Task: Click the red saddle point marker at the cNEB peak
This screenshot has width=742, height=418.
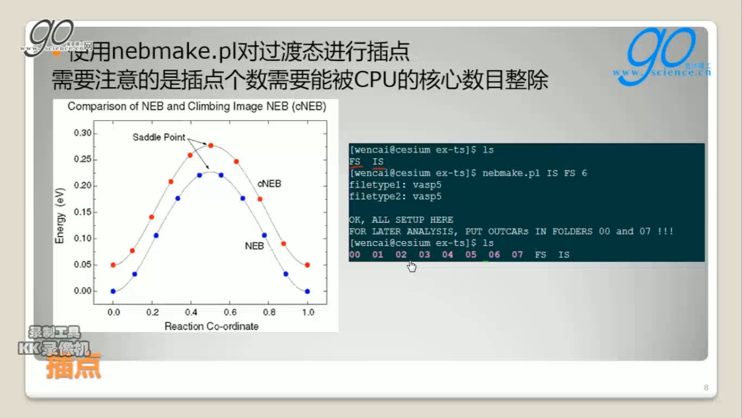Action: tap(210, 145)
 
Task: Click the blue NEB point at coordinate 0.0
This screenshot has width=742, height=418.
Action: tap(113, 291)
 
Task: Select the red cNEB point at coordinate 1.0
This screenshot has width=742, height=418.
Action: tap(307, 265)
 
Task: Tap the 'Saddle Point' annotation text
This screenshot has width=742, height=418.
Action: tap(159, 137)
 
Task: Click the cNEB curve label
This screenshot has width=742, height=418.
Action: tap(269, 184)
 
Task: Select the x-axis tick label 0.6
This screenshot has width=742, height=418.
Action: tap(230, 312)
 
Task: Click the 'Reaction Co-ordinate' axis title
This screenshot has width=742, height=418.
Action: tap(211, 326)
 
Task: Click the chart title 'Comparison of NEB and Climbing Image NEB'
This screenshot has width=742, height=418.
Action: tap(197, 107)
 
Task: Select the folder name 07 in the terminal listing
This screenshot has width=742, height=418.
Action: tap(517, 255)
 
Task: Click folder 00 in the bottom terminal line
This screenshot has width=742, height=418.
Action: tap(354, 255)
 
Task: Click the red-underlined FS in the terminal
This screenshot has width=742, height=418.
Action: tap(355, 162)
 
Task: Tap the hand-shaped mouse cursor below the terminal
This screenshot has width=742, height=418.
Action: tap(411, 266)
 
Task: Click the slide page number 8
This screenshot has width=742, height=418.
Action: tap(706, 388)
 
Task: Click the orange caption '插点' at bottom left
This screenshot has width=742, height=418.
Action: tap(73, 366)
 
